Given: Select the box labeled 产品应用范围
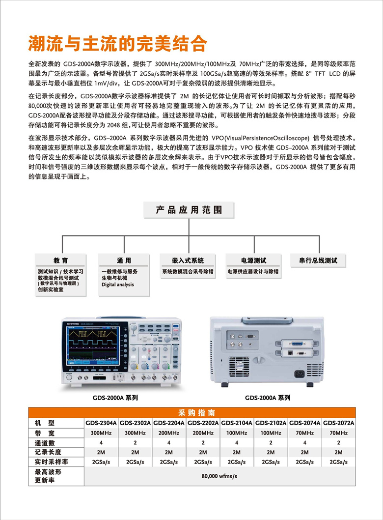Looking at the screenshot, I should tap(189, 210).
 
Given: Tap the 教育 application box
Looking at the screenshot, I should tap(61, 260).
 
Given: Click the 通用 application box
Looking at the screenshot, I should tap(124, 260).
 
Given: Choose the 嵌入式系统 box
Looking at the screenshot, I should tap(189, 260).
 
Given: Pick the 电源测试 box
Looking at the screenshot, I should tap(253, 260).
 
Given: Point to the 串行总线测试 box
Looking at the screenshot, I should tap(318, 260).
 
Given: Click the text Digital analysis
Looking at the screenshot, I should tap(117, 285).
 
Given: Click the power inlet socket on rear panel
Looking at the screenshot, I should tap(300, 373).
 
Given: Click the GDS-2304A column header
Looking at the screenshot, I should tap(101, 423).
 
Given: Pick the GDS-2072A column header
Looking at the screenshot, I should tap(338, 423).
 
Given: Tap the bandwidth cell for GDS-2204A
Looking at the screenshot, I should tap(169, 433).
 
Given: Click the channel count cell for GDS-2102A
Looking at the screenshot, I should tap(271, 442).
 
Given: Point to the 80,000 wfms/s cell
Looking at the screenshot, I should tap(219, 476).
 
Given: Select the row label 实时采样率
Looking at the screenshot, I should tap(51, 462).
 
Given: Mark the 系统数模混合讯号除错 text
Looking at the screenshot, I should tap(188, 271).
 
